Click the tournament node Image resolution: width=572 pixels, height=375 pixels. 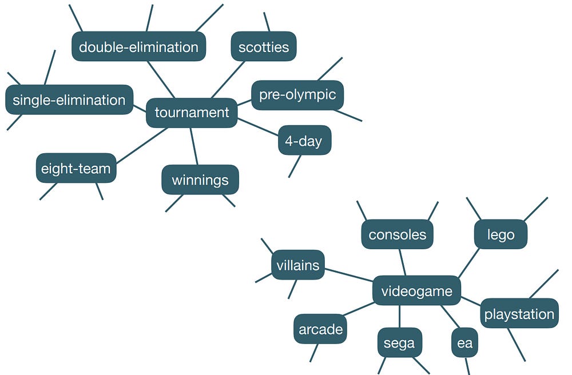[x=192, y=113]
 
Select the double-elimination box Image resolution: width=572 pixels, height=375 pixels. [x=138, y=47]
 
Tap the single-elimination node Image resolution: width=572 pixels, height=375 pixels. [x=69, y=100]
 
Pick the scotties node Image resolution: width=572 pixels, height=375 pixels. [x=264, y=46]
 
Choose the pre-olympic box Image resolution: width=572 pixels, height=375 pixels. [x=297, y=95]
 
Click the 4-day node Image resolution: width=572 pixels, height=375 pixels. [x=304, y=141]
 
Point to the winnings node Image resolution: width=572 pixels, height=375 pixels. [x=200, y=180]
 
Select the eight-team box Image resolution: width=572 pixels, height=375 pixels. [x=76, y=169]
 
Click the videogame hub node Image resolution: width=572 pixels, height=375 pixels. [x=416, y=291]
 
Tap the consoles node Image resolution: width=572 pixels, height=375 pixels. [x=398, y=234]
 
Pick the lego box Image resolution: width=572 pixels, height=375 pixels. [x=501, y=234]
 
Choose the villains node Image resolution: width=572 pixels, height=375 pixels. [x=298, y=265]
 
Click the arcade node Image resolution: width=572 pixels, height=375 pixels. [x=321, y=329]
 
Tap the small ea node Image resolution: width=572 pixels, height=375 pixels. [x=465, y=343]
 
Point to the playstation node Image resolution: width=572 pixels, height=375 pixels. [x=519, y=314]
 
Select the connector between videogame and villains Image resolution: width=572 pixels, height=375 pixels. [x=349, y=274]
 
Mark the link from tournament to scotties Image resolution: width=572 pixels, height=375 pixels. [x=228, y=79]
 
